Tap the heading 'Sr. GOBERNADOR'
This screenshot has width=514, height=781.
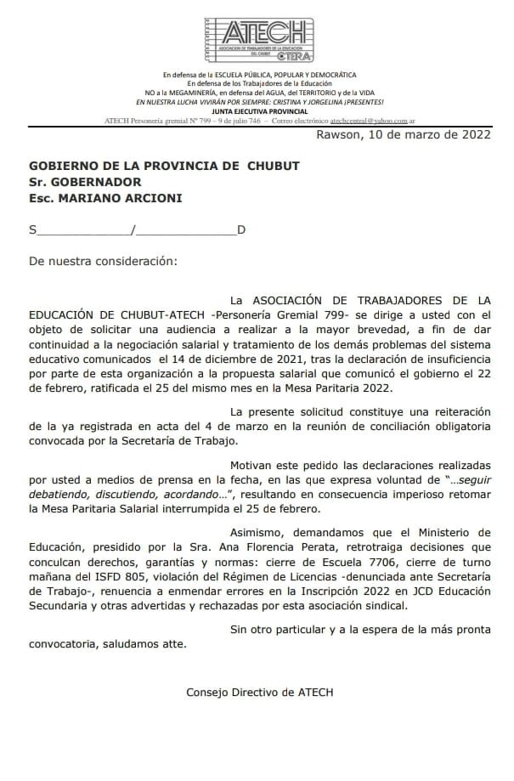(85, 181)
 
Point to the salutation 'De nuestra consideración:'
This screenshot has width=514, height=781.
(104, 261)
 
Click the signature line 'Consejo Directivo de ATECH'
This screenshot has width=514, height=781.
(260, 692)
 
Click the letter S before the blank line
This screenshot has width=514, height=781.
(33, 229)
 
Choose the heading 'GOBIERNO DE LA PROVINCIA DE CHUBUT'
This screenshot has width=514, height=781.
(164, 165)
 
